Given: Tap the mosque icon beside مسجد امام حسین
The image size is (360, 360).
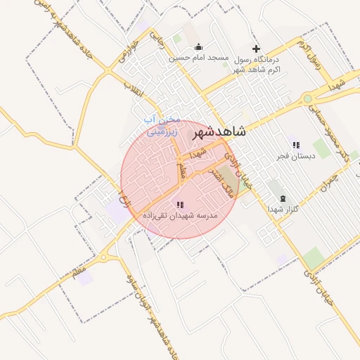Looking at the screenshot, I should click(197, 47).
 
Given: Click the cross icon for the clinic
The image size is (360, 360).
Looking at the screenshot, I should click(256, 47).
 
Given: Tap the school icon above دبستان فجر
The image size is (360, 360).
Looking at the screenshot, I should click(295, 144).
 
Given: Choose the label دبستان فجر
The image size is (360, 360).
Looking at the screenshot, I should click(292, 155).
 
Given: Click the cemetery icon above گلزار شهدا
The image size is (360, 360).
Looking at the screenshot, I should click(283, 198).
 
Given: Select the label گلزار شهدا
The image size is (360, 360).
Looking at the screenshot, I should click(283, 209).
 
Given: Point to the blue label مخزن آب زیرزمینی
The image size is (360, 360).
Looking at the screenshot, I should click(162, 124).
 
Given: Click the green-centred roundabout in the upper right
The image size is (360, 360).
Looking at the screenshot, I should click(308, 99).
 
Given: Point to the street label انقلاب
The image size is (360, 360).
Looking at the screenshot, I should click(133, 87).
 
